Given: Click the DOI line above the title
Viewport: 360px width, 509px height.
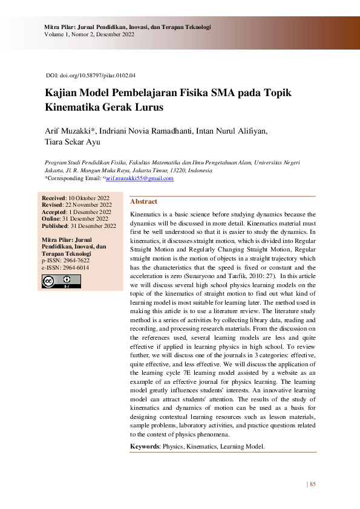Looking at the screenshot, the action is tap(91, 76).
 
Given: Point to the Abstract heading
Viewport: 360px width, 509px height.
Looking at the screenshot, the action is tap(143, 201).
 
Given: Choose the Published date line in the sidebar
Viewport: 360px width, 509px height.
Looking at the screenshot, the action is tap(79, 225).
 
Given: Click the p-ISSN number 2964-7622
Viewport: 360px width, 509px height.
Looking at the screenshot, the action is tap(74, 261).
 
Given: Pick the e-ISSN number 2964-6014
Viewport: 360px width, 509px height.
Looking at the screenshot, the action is tap(74, 267).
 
